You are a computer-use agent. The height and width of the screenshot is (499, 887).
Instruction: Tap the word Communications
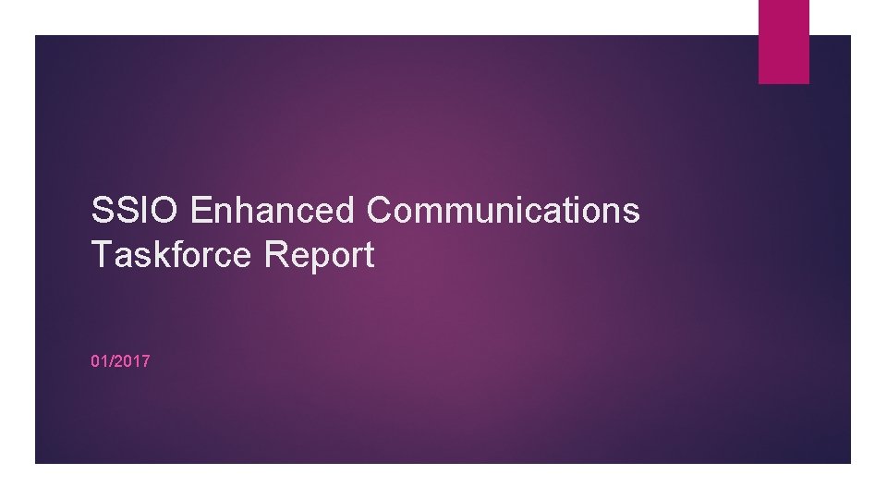click(503, 212)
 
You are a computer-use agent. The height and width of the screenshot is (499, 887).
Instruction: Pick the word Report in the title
click(319, 256)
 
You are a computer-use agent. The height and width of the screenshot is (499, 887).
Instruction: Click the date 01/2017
click(120, 361)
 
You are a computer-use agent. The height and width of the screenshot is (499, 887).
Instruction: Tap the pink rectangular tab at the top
click(784, 41)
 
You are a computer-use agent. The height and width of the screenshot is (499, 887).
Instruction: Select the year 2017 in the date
click(133, 361)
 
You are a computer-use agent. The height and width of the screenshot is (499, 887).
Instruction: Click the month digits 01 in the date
click(100, 361)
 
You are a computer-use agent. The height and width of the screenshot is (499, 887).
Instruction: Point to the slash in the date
click(111, 361)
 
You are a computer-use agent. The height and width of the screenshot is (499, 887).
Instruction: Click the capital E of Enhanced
click(200, 212)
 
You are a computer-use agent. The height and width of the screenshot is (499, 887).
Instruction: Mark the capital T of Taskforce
click(101, 256)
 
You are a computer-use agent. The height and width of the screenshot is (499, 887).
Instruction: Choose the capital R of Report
click(274, 256)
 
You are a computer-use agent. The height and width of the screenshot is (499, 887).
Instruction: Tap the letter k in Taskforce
click(155, 256)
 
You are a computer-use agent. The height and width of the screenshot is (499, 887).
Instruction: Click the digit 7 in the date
click(145, 361)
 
